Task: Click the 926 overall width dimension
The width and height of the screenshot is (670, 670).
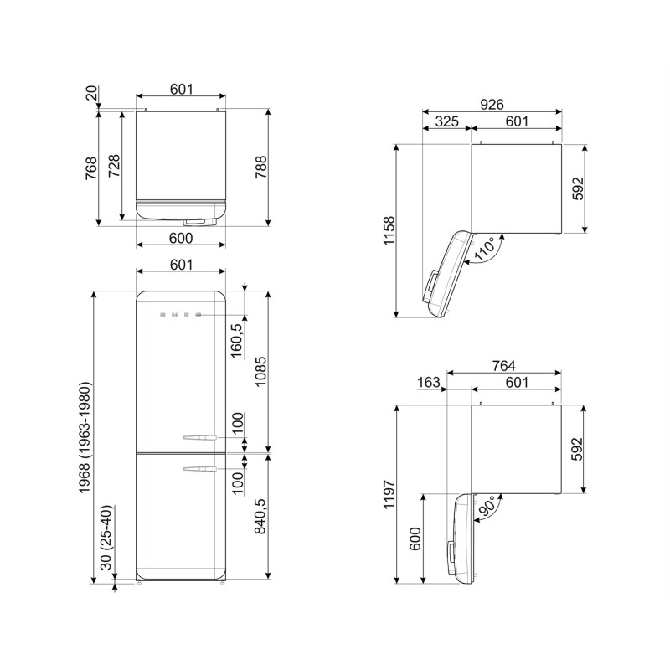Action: [491, 104]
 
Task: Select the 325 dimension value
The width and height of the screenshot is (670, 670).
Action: [446, 121]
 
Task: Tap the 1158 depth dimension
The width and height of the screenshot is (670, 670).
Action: [388, 231]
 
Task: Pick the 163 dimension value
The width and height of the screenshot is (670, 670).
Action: [429, 382]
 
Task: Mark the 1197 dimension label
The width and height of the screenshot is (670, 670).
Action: [388, 494]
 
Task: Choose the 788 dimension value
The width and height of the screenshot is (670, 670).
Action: [260, 167]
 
